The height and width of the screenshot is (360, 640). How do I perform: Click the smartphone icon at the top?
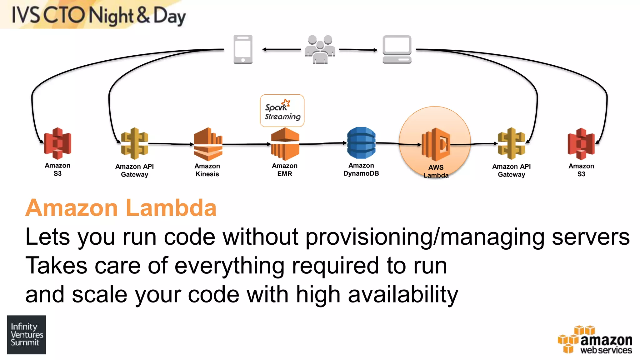point(243,49)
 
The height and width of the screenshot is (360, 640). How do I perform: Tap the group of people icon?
point(320,49)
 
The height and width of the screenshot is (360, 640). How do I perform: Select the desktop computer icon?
point(397,49)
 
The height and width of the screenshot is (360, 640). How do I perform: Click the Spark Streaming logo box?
point(282,111)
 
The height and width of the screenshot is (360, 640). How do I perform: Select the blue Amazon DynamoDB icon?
point(361,143)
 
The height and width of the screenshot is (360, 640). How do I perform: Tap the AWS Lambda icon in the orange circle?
point(436,144)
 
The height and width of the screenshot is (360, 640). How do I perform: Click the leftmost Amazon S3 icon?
point(57,143)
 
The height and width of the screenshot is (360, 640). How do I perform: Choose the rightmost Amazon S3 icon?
point(581,144)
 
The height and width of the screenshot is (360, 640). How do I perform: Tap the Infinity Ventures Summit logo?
point(26,335)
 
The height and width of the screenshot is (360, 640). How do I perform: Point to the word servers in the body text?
point(590,237)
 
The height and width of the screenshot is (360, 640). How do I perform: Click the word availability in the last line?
point(403,295)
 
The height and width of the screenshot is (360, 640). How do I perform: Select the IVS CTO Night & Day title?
point(98,15)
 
